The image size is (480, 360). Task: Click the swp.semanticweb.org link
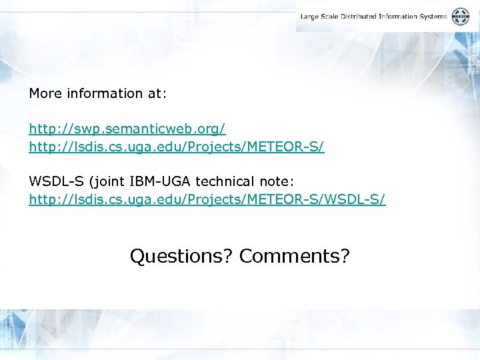pyautogui.click(x=127, y=127)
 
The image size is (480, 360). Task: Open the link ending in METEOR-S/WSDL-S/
pyautogui.click(x=207, y=199)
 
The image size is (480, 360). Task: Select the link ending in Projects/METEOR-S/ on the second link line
pyautogui.click(x=176, y=146)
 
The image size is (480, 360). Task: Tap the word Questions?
pyautogui.click(x=181, y=256)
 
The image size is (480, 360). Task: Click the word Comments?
pyautogui.click(x=295, y=256)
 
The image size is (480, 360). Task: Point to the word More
pyautogui.click(x=44, y=93)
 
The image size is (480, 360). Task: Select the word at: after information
pyautogui.click(x=157, y=93)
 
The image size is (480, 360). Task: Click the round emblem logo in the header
pyautogui.click(x=461, y=17)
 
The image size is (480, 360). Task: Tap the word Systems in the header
pyautogui.click(x=435, y=17)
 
